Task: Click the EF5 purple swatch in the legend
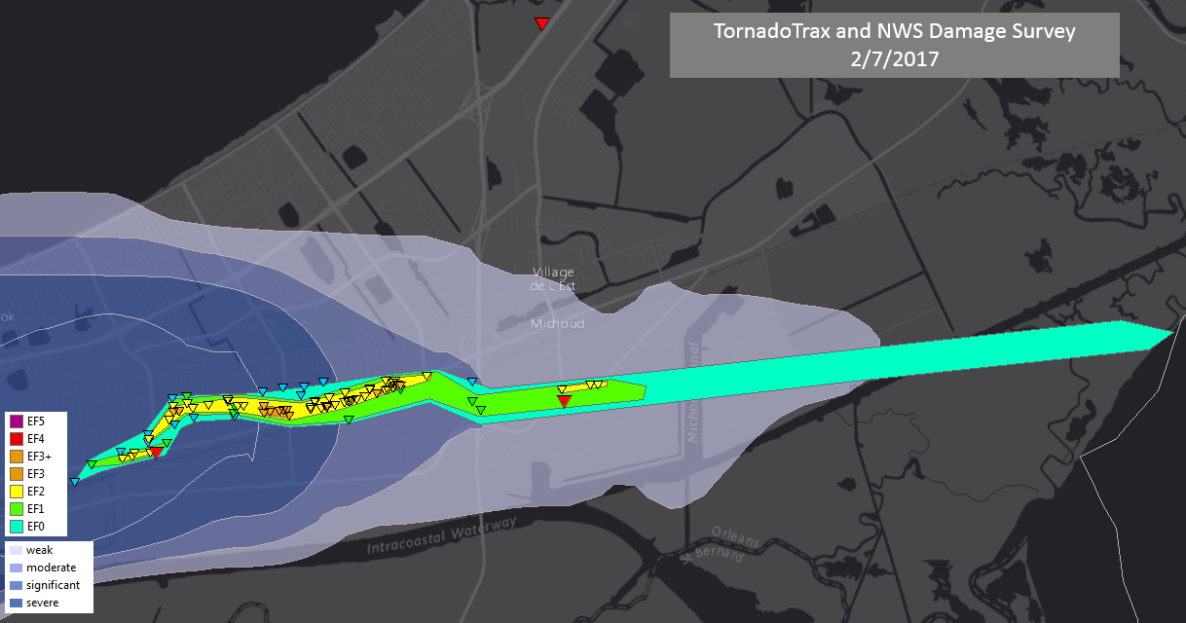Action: pos(17,421)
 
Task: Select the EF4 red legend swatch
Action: pos(17,439)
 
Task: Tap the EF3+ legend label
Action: pos(39,457)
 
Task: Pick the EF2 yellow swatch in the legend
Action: pos(17,492)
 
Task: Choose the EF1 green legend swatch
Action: pos(17,509)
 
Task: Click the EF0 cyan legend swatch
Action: pos(17,527)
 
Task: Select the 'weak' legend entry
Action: pos(39,550)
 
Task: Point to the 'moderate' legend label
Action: pos(51,568)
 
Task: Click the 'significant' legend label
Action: pos(53,585)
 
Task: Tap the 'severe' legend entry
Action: pos(42,603)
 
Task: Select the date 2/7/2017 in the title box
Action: pos(894,58)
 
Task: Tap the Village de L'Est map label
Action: pos(552,278)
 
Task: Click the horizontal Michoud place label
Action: pos(557,323)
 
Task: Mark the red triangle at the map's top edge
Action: pos(541,23)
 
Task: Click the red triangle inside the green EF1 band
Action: pos(563,400)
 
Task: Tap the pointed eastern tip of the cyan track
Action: pos(1171,334)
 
